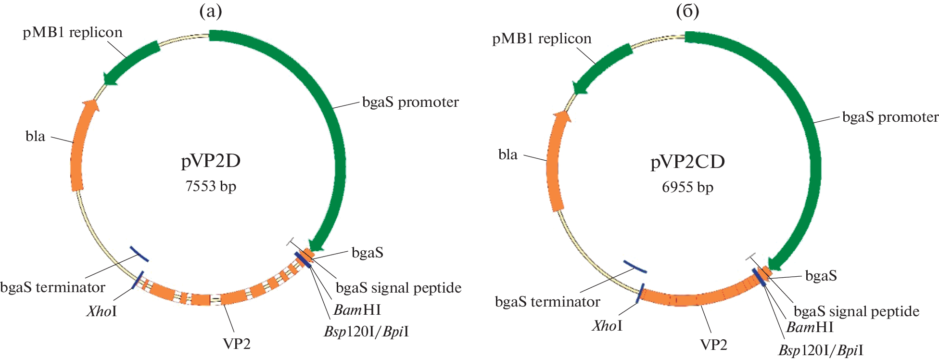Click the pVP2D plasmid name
pyautogui.click(x=211, y=161)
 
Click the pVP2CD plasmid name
pyautogui.click(x=687, y=162)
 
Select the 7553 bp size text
pyautogui.click(x=211, y=186)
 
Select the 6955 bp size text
pyautogui.click(x=687, y=187)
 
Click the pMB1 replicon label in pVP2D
pyautogui.click(x=73, y=33)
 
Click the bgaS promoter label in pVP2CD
pyautogui.click(x=890, y=117)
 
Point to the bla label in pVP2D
pyautogui.click(x=35, y=136)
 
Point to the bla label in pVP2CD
pyautogui.click(x=508, y=154)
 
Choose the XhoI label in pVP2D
pyautogui.click(x=102, y=311)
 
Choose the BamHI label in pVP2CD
pyautogui.click(x=810, y=327)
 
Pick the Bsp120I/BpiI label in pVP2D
pyautogui.click(x=366, y=332)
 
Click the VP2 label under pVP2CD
pyautogui.click(x=713, y=345)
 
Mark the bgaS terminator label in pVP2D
pyautogui.click(x=53, y=287)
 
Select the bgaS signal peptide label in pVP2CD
pyautogui.click(x=856, y=311)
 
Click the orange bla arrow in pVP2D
pyautogui.click(x=78, y=149)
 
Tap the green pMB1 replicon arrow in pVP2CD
pyautogui.click(x=601, y=67)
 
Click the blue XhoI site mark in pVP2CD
pyautogui.click(x=640, y=293)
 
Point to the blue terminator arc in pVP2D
pyautogui.click(x=139, y=254)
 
